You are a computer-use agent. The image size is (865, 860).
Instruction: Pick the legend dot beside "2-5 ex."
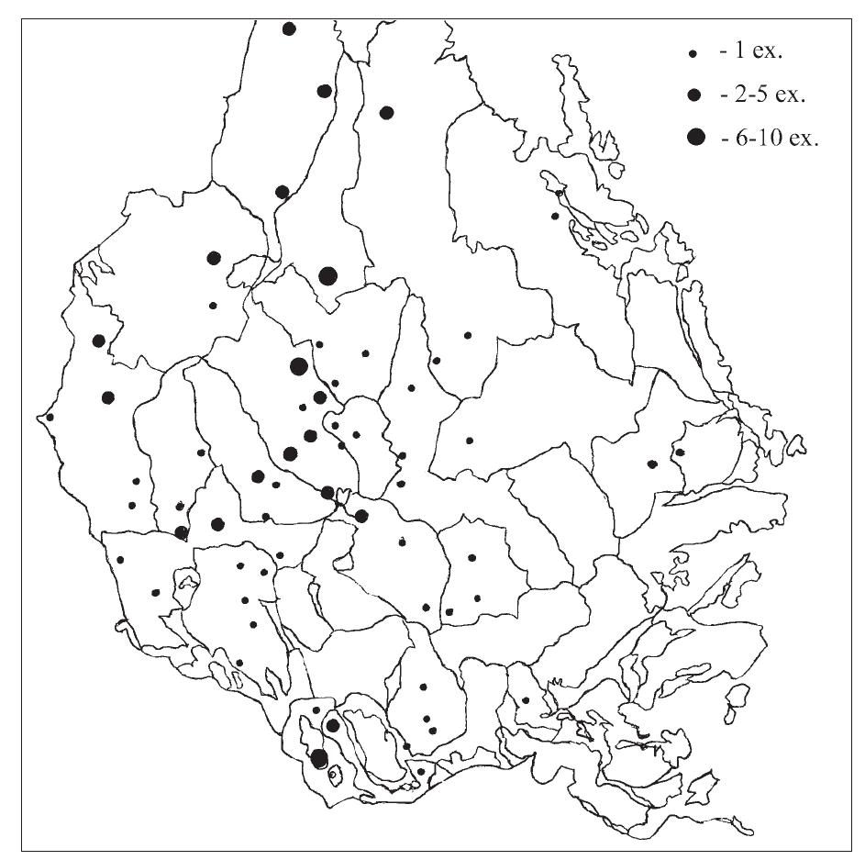coord(694,95)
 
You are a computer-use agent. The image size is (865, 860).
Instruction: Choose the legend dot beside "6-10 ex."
coord(696,138)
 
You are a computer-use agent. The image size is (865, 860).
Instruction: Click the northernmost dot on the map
coord(289,28)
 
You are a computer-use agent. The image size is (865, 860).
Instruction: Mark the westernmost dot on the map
coord(50,417)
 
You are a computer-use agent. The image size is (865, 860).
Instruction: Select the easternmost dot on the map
coord(680,452)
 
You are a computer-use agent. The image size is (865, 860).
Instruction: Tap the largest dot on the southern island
coord(319,758)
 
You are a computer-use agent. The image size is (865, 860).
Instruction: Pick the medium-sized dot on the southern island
coord(333,725)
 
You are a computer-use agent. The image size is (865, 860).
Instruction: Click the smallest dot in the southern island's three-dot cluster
coord(316,709)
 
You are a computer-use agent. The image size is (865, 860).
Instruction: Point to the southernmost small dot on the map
coord(420,772)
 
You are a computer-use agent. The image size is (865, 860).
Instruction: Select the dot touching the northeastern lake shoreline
coord(560,192)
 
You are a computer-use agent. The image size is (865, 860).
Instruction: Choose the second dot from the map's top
coord(324,90)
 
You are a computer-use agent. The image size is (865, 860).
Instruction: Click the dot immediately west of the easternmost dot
coord(652,464)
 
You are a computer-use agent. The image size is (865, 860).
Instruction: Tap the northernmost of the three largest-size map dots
coord(327,275)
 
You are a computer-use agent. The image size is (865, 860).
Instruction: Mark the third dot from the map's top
coord(387,112)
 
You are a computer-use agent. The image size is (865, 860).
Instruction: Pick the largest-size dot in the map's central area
coord(298,366)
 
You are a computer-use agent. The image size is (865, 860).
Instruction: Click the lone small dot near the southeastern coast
coord(526,700)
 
